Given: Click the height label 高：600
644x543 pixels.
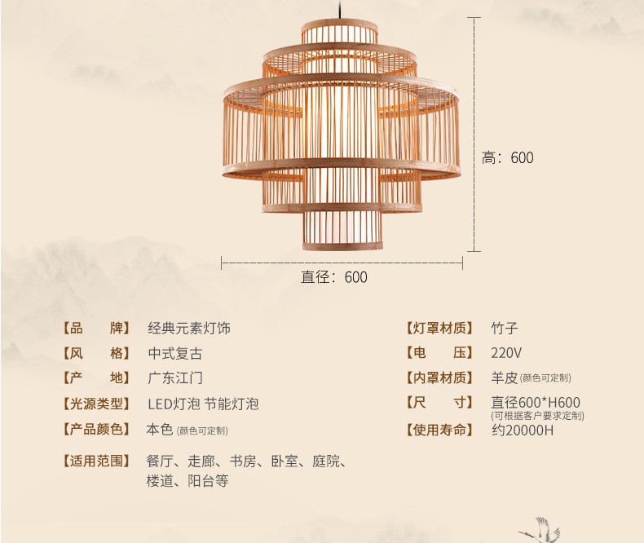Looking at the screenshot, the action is (x=507, y=158).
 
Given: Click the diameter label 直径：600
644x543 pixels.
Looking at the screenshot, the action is (x=334, y=277).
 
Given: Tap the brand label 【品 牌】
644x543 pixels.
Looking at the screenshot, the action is (x=95, y=329).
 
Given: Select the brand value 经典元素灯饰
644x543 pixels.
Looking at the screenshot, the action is (x=189, y=329).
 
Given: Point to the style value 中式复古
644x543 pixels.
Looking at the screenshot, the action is (x=175, y=354).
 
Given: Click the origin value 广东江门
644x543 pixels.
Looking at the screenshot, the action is (x=175, y=378).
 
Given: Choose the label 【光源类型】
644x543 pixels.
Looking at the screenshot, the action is (x=95, y=404).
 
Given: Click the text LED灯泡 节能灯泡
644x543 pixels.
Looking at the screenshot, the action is (x=203, y=404).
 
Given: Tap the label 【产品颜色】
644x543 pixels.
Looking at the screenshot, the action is (x=95, y=429).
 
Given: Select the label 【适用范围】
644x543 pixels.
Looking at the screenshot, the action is (x=95, y=461).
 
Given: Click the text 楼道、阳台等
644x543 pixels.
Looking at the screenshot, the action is (x=187, y=481).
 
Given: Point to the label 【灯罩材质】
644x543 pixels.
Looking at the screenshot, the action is (x=439, y=329).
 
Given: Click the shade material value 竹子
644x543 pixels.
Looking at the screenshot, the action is (x=505, y=329).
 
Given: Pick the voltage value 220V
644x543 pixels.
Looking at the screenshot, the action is (x=505, y=354).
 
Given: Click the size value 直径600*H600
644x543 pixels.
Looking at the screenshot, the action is (x=536, y=402).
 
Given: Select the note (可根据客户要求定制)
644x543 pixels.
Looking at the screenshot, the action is (x=537, y=416).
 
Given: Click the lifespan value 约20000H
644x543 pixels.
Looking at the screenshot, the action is (x=523, y=430).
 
